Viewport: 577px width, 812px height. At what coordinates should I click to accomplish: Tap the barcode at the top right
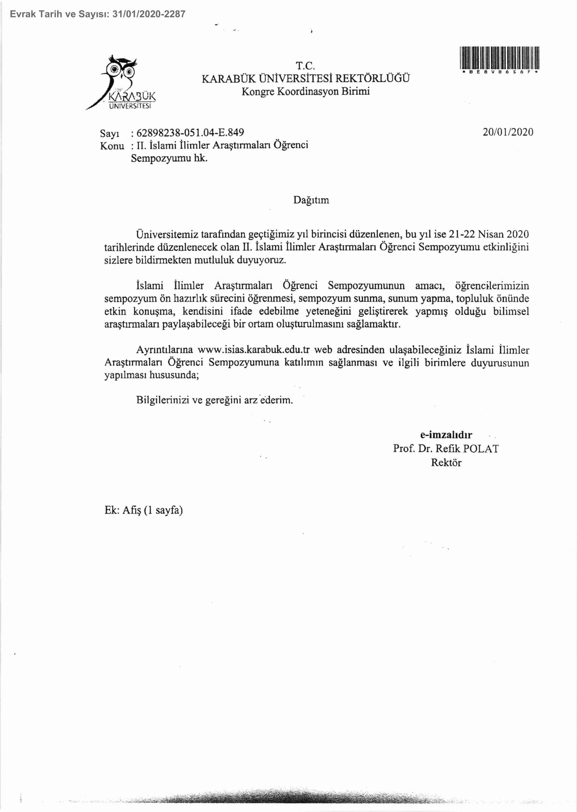click(500, 57)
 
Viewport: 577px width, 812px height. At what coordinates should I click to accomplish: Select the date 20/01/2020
click(508, 132)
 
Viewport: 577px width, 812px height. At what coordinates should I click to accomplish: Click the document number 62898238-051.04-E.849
click(190, 132)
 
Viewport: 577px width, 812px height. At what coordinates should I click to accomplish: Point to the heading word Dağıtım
click(311, 200)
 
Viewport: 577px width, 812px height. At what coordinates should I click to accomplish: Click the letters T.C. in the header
click(305, 66)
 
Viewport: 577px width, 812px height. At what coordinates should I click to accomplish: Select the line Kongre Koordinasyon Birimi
click(306, 91)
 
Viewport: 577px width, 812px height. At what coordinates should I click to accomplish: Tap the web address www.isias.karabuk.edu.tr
click(253, 349)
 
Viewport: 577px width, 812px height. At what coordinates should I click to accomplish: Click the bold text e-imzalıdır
click(446, 435)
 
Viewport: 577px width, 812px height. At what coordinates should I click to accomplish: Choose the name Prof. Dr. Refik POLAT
click(446, 449)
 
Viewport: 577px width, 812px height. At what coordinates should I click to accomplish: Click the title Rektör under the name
click(446, 463)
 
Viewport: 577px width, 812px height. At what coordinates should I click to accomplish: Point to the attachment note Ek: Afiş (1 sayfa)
click(144, 510)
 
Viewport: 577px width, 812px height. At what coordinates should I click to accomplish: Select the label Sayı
click(109, 133)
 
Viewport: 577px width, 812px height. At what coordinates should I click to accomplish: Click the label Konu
click(112, 146)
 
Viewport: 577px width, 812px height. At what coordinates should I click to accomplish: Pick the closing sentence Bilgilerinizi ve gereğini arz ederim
click(214, 400)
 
